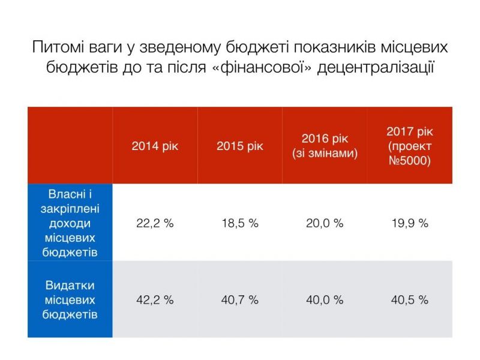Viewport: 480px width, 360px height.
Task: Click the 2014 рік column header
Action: [155, 146]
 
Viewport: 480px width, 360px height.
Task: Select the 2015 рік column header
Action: [239, 146]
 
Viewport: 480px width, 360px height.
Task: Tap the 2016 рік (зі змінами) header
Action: [325, 146]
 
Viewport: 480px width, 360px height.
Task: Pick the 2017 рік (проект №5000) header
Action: [410, 146]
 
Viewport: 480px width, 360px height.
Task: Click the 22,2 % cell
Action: [155, 223]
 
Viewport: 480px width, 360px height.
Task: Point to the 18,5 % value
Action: [239, 223]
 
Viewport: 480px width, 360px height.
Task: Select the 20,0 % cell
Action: [325, 223]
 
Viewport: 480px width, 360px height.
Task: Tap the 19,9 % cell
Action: [410, 223]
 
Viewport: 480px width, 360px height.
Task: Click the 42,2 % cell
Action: [155, 299]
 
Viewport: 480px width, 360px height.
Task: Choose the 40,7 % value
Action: [239, 299]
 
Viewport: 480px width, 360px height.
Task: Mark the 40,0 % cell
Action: [325, 299]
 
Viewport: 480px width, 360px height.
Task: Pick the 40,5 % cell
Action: [410, 299]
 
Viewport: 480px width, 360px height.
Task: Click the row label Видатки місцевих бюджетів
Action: [71, 299]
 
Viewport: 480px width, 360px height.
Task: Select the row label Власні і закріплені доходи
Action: [71, 223]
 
